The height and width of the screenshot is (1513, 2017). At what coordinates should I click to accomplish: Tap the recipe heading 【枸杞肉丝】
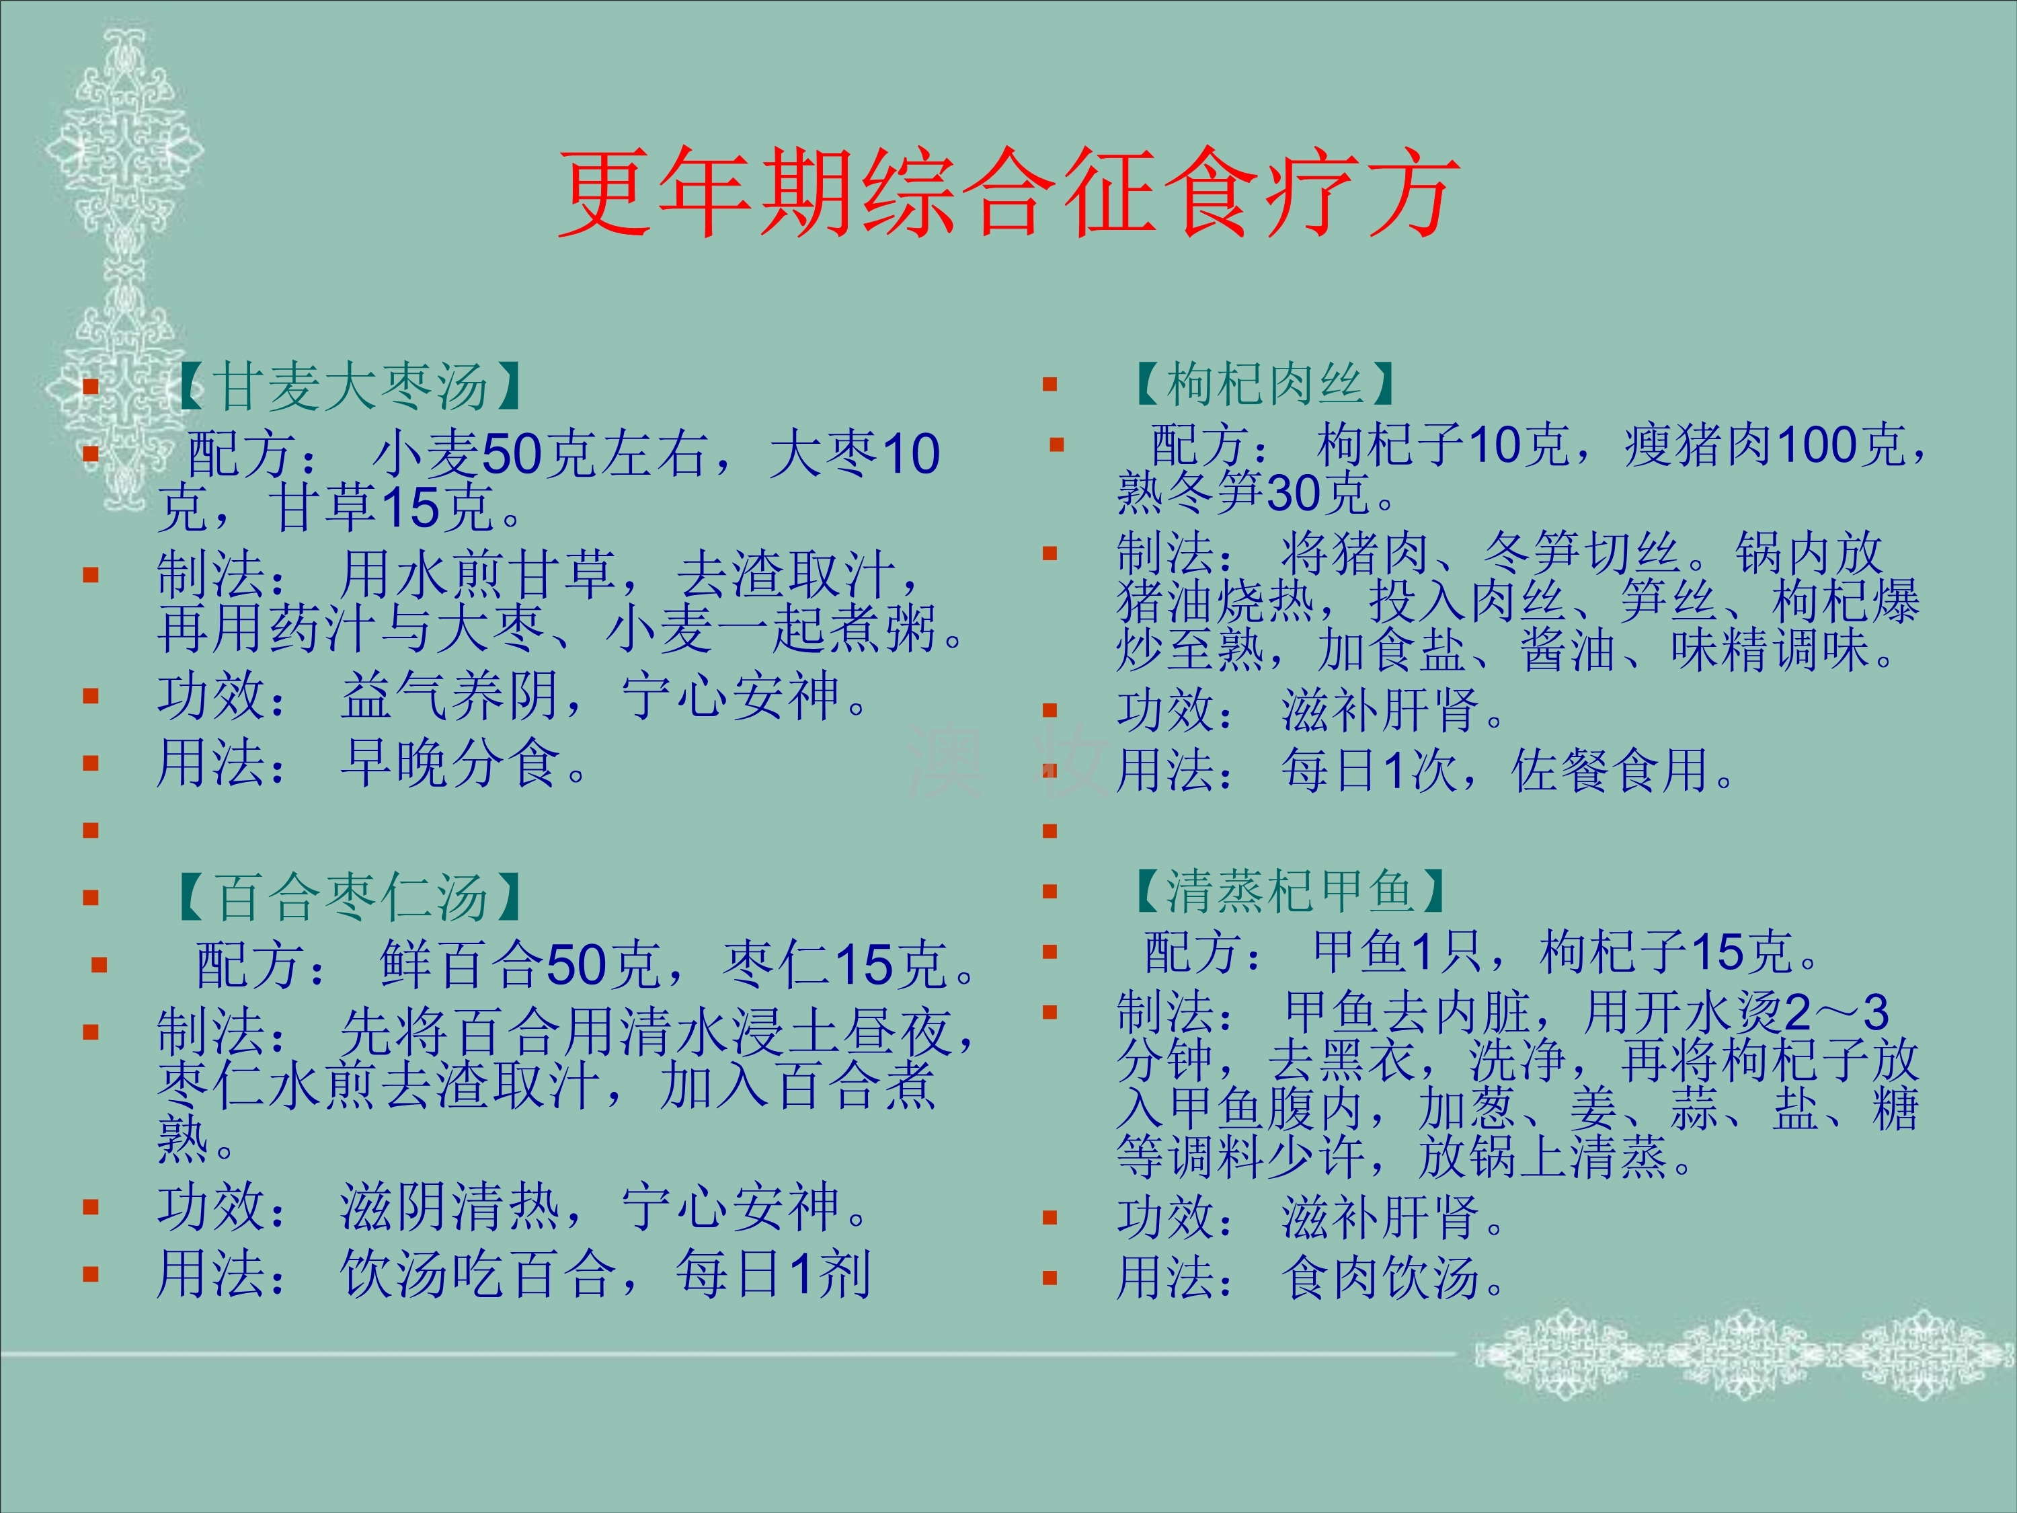pos(1263,383)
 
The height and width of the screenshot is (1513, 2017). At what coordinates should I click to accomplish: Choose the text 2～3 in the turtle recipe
pos(1836,1012)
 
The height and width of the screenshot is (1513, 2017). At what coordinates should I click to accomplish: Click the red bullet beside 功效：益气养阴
pos(90,697)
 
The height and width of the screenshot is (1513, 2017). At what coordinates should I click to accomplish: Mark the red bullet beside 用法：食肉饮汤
pos(1050,1277)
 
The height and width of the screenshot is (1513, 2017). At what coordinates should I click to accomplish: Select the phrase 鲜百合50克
pos(520,964)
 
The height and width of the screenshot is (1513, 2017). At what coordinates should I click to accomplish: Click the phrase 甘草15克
pos(382,507)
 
